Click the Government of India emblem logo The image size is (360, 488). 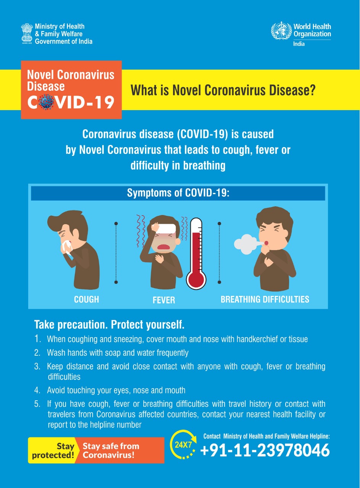point(27,34)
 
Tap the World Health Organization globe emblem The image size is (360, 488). point(281,31)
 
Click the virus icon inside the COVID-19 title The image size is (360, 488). point(46,102)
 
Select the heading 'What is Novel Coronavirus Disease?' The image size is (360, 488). point(223,90)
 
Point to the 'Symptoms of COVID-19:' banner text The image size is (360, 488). point(178,193)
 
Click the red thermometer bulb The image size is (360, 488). point(196,280)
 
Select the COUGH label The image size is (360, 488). point(87,299)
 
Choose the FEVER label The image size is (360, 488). point(164,300)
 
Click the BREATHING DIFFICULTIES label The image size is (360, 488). point(265,299)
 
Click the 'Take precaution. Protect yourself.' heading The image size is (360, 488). point(109,324)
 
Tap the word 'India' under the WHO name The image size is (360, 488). point(299,44)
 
